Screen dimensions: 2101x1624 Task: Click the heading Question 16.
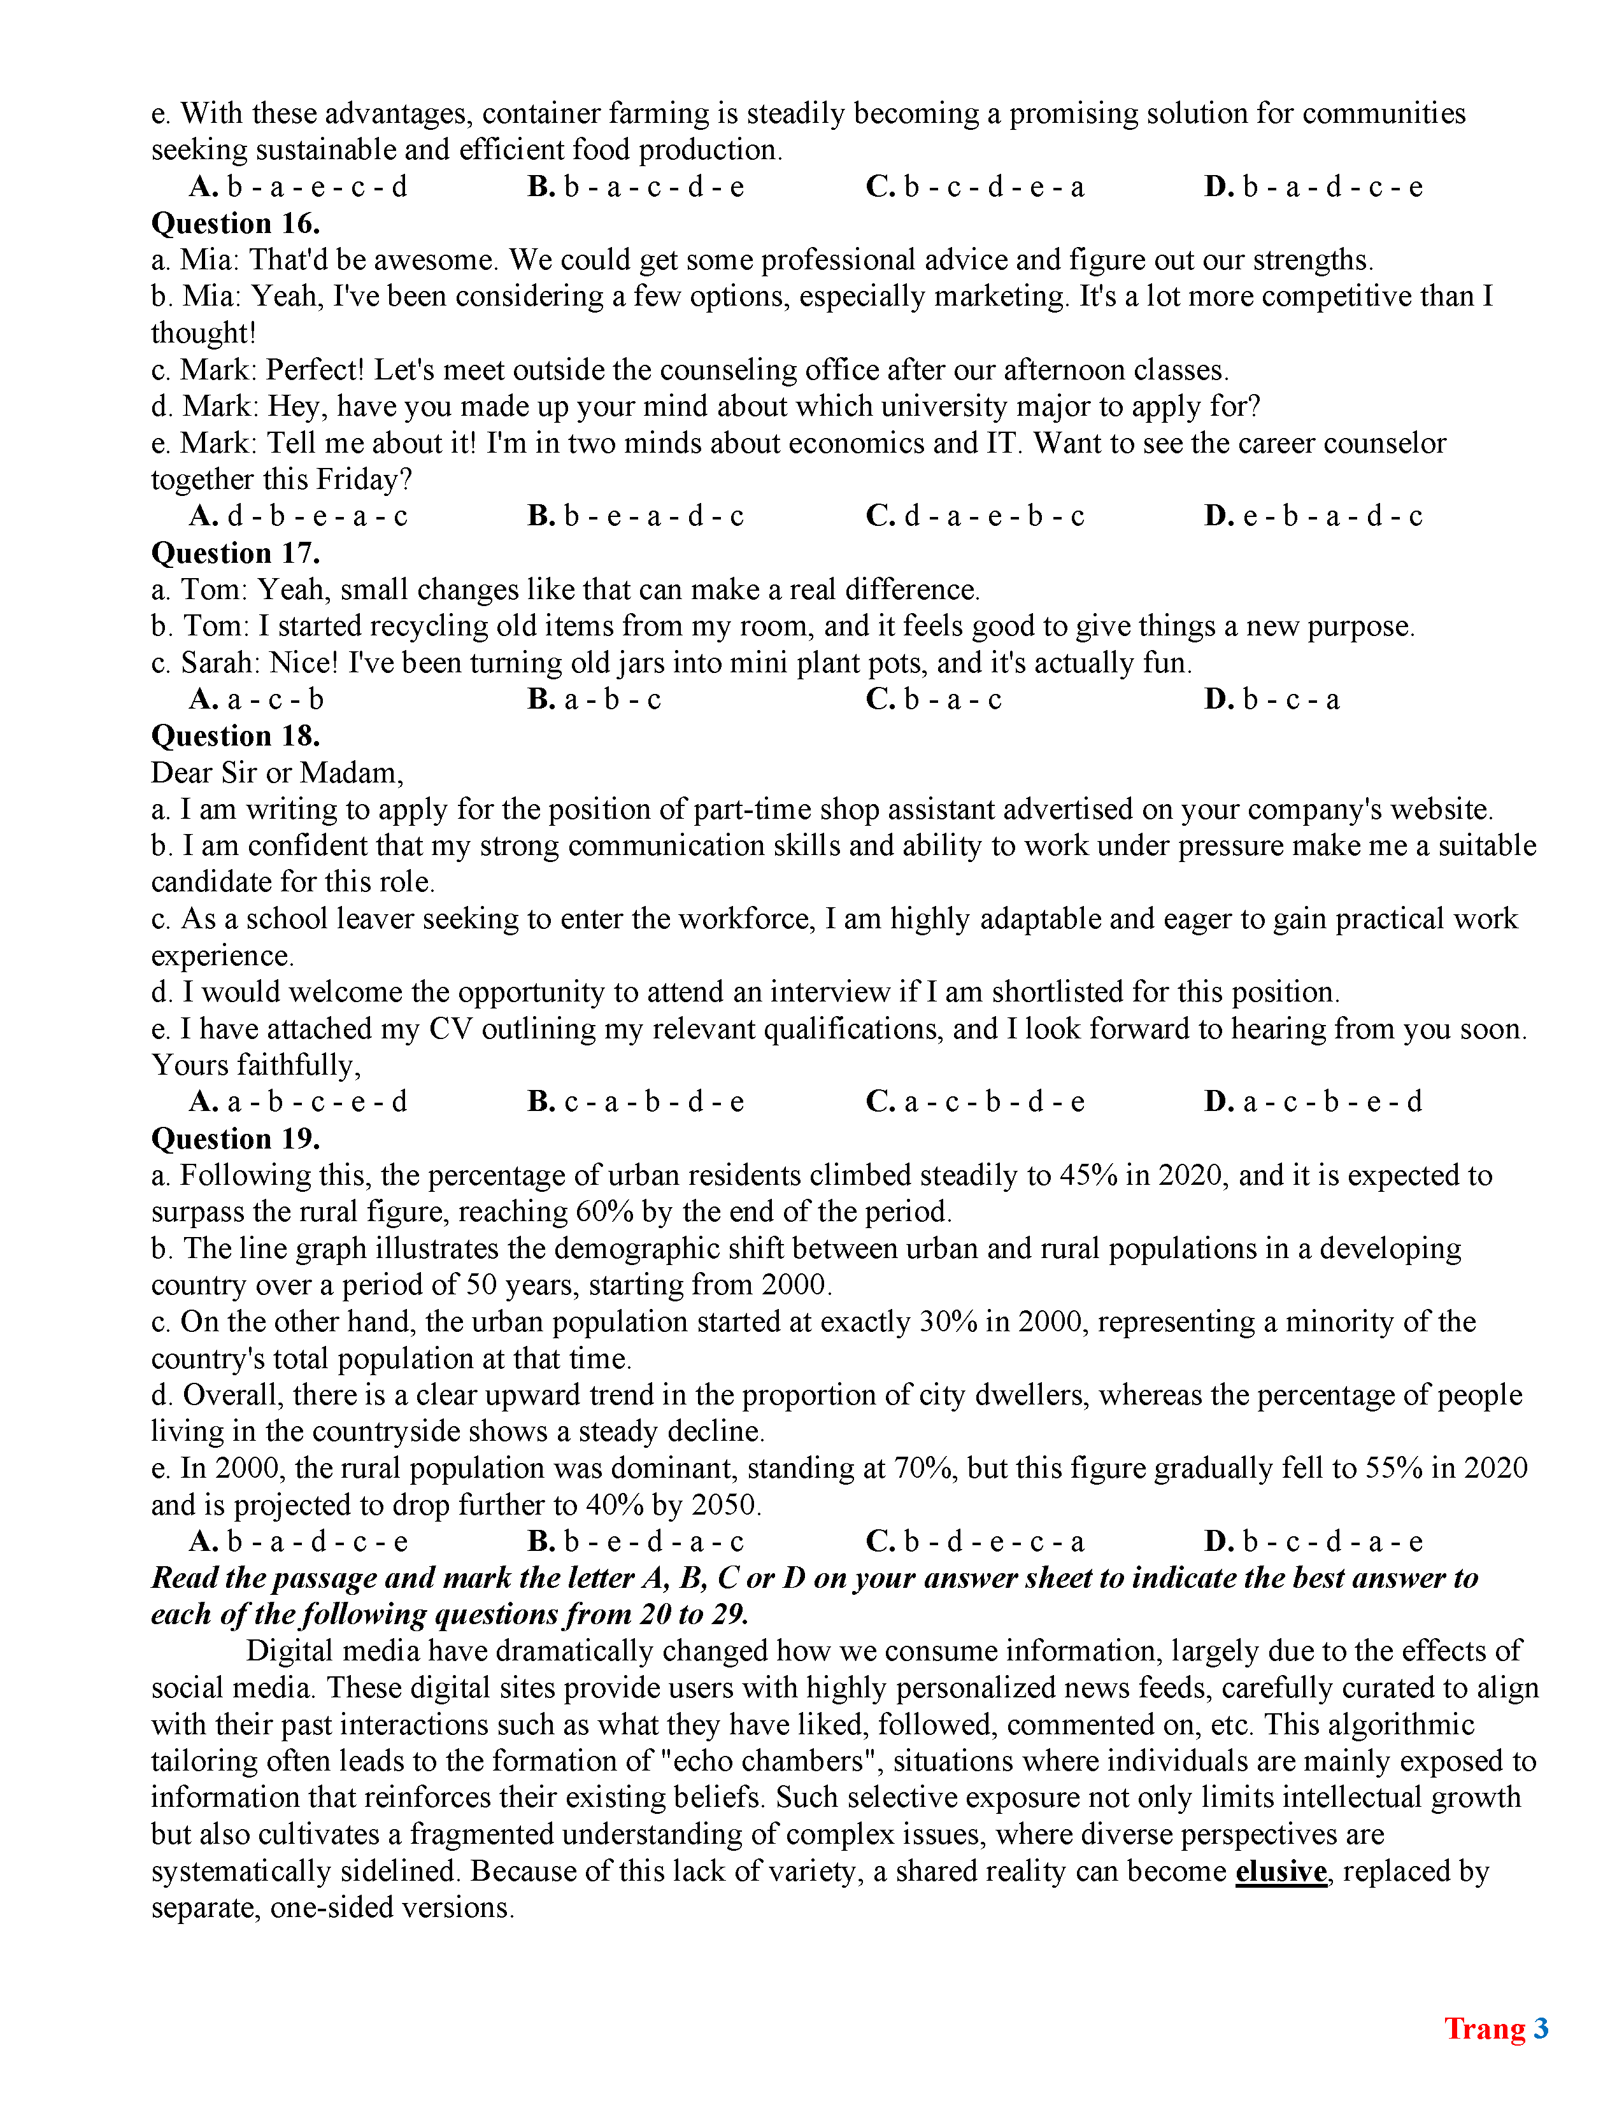point(236,223)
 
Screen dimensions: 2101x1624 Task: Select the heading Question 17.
point(236,553)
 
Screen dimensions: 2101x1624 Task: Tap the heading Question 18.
point(236,736)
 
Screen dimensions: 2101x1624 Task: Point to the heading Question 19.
point(236,1139)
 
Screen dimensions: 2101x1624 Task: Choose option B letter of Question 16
point(541,516)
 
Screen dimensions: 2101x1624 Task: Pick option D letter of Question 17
point(1218,699)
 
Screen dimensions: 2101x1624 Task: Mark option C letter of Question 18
point(880,1101)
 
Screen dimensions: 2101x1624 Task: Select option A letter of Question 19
point(203,1542)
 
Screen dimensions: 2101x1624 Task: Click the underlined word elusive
point(1281,1871)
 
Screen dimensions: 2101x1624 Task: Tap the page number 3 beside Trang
point(1541,2028)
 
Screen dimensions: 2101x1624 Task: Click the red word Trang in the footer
point(1485,2028)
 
